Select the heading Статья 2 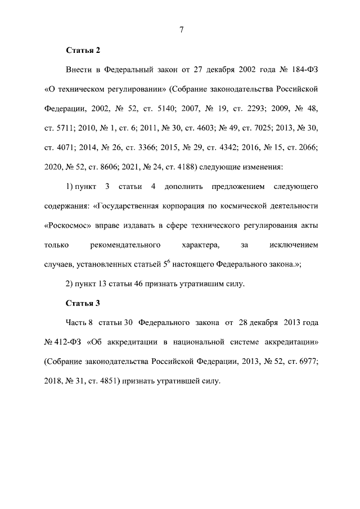pyautogui.click(x=83, y=51)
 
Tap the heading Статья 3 pyautogui.click(x=83, y=304)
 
